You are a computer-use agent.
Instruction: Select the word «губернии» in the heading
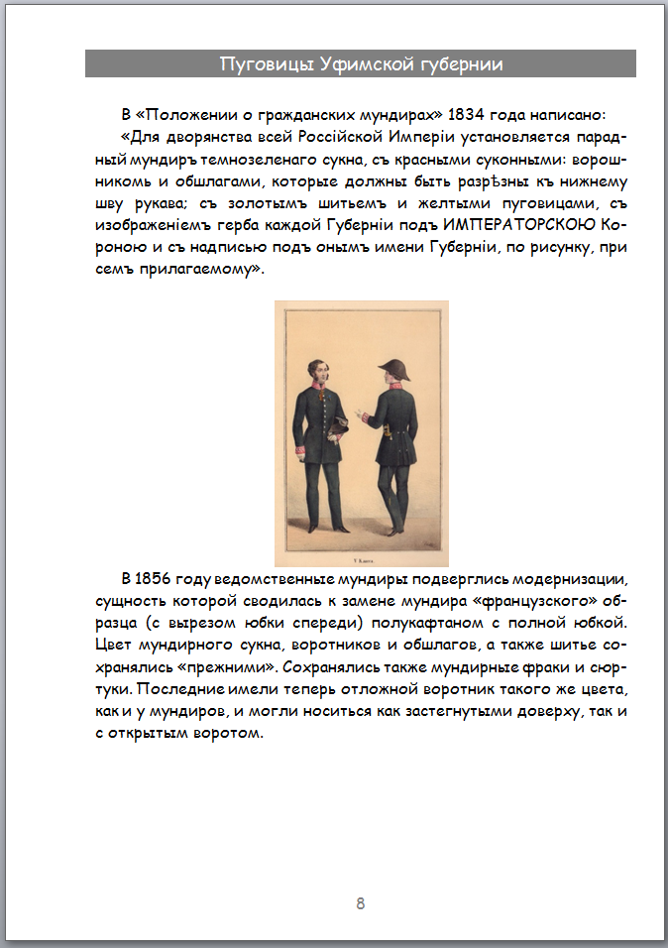[464, 64]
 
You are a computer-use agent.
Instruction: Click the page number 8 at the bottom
[361, 902]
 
